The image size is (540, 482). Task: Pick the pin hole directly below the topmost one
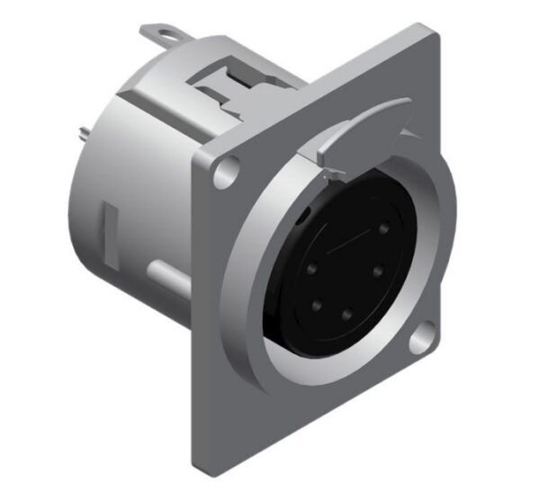point(380,267)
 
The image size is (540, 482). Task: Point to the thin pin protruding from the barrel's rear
point(84,134)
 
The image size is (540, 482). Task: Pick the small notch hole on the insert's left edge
point(301,219)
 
